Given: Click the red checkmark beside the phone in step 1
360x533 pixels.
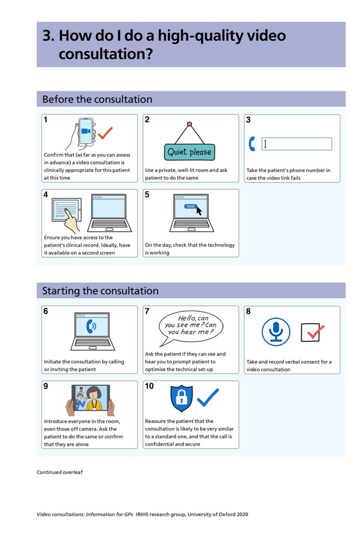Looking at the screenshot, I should (105, 133).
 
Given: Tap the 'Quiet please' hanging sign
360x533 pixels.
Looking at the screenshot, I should (190, 152).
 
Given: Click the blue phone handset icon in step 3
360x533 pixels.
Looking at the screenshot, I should (252, 144).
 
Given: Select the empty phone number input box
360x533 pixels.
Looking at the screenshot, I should (297, 144).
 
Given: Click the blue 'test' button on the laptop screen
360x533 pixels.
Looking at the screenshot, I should (190, 206).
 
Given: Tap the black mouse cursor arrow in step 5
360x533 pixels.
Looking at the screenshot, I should (199, 210).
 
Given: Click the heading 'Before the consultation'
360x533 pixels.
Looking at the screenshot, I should (97, 99).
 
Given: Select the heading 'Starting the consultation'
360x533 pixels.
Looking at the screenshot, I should (100, 291).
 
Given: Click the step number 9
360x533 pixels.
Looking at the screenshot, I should (47, 386).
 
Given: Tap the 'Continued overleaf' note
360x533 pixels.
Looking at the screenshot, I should (59, 472).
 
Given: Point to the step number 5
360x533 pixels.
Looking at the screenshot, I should (147, 195).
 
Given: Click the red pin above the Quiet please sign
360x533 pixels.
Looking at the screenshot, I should (190, 124).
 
